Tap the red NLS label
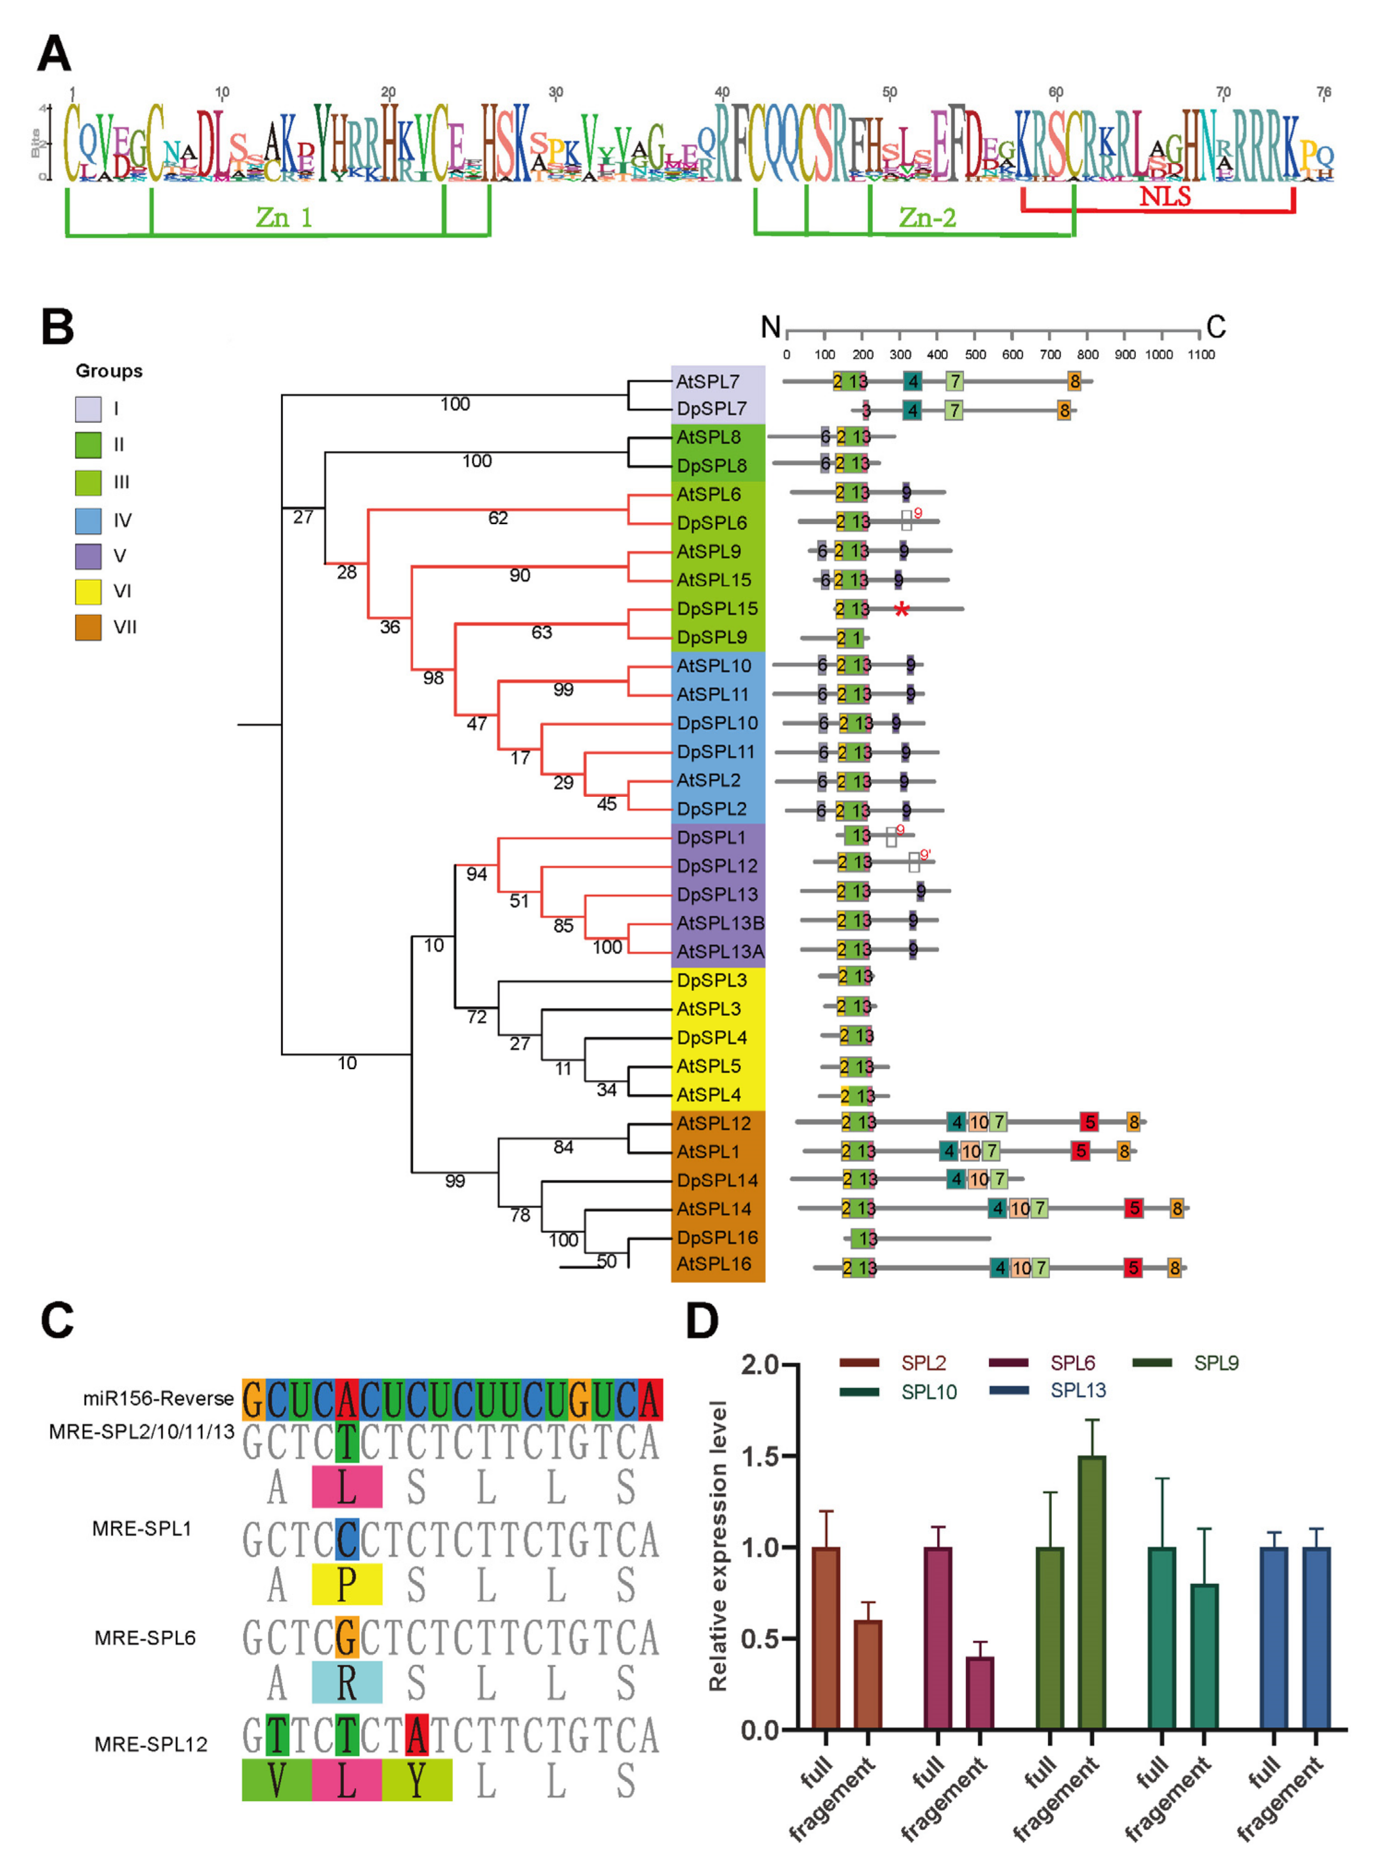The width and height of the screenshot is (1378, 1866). [x=1165, y=197]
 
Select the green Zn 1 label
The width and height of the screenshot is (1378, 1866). [x=284, y=218]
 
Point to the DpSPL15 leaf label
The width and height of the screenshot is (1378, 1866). [x=717, y=609]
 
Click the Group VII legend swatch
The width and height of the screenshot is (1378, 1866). [x=88, y=627]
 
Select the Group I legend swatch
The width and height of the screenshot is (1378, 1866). [x=88, y=409]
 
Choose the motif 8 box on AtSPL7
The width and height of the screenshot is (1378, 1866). [x=1075, y=382]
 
